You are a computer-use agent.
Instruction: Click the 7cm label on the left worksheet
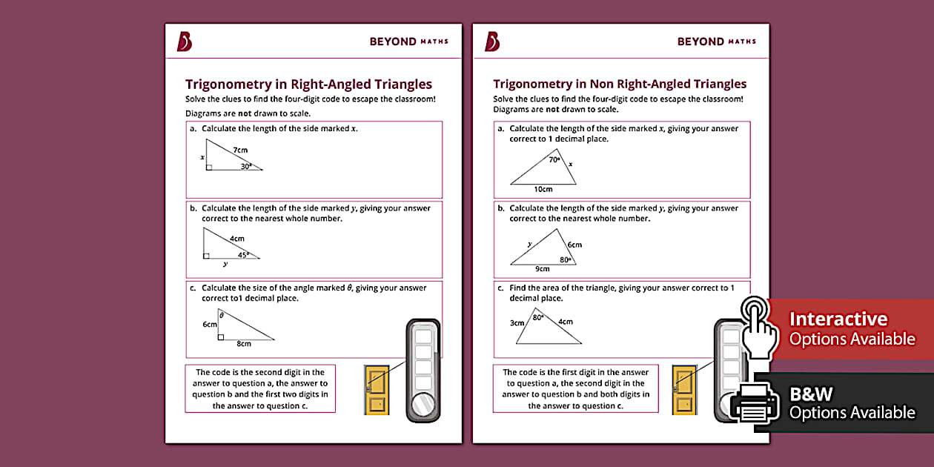[239, 150]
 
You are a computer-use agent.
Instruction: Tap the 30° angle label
[247, 167]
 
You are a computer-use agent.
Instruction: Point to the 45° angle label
[243, 254]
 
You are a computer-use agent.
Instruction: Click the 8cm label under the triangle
[244, 344]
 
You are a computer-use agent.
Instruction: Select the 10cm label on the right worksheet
[543, 190]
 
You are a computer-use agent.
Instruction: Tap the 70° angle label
[554, 159]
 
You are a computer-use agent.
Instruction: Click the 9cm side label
[543, 268]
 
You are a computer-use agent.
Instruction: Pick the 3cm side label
[517, 322]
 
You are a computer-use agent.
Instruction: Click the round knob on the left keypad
[423, 405]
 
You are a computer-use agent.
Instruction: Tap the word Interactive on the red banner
[838, 319]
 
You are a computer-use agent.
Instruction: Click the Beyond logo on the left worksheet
[184, 42]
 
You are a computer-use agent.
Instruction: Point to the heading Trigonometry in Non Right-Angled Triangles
[620, 84]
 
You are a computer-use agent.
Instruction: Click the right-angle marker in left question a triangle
[209, 168]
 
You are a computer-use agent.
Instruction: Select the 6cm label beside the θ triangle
[209, 324]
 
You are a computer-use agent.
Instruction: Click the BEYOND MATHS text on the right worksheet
[716, 42]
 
